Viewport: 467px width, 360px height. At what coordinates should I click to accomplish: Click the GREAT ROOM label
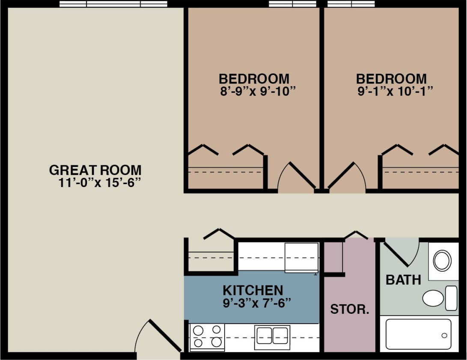pos(95,170)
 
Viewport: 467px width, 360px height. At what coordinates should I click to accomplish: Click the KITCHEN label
pos(253,290)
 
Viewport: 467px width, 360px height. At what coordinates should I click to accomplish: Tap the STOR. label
pos(349,309)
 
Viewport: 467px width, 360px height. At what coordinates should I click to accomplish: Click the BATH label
pos(403,280)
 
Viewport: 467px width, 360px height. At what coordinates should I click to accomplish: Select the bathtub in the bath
pos(418,334)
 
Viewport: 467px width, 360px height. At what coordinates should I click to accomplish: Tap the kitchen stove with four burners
pos(207,336)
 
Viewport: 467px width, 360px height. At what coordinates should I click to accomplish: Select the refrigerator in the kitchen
pos(302,257)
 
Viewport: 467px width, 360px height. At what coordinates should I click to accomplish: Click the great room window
pos(113,4)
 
